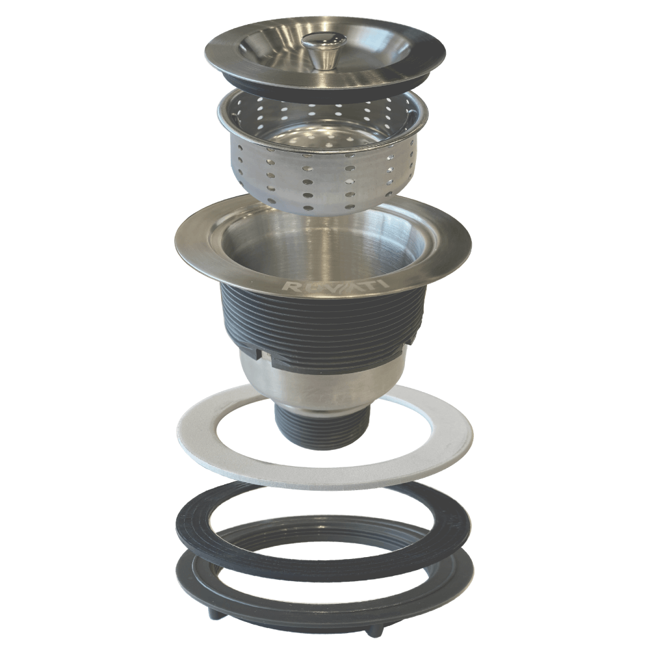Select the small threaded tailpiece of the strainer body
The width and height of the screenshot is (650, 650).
[322, 429]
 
